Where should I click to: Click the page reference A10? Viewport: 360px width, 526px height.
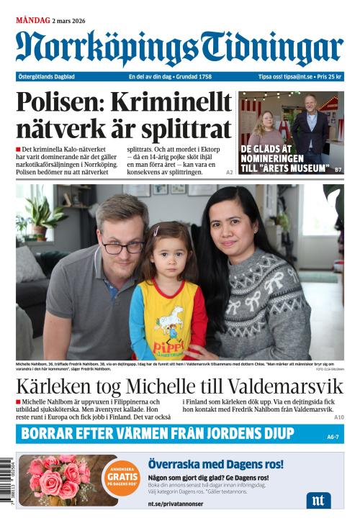(x=338, y=417)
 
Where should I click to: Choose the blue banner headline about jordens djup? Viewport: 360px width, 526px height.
(x=158, y=434)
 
